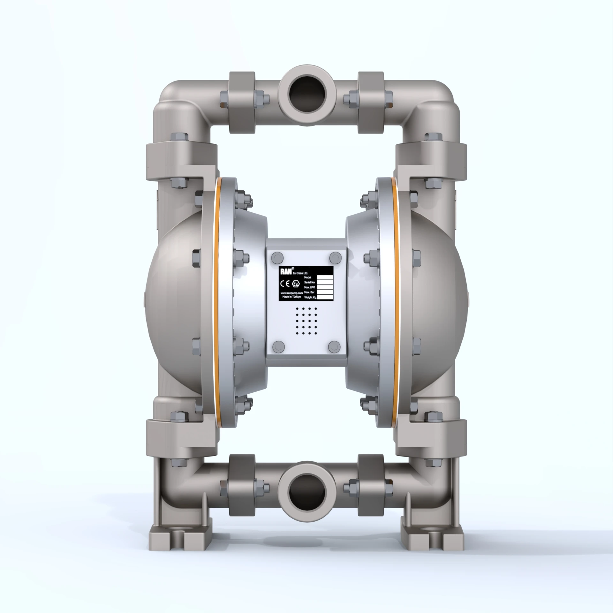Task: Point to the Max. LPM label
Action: point(310,287)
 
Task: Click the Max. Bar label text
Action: point(310,292)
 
